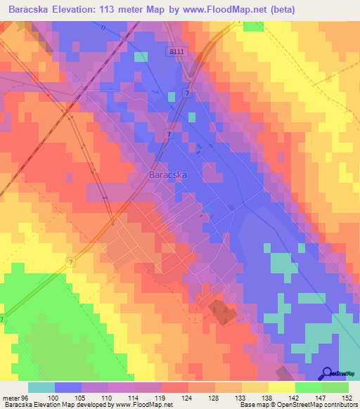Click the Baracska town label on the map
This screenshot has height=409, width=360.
point(167,176)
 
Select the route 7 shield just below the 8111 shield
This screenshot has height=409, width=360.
point(186,94)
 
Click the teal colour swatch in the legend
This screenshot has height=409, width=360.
point(41,387)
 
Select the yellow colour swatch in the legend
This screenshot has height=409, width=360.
point(281,387)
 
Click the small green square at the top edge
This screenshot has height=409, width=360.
point(253,26)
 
